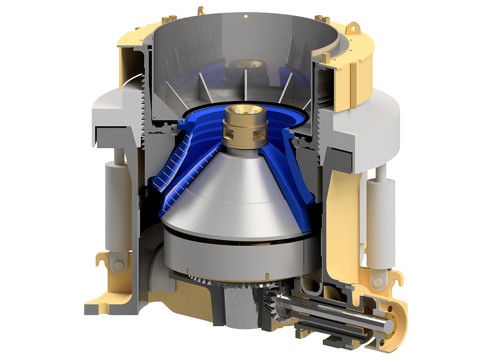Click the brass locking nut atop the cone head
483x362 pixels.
(245, 126)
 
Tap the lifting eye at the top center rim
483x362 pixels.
(201, 10)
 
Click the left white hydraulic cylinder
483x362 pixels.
(116, 207)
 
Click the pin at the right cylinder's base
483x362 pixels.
(377, 282)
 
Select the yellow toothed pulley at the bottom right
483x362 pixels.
(396, 325)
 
